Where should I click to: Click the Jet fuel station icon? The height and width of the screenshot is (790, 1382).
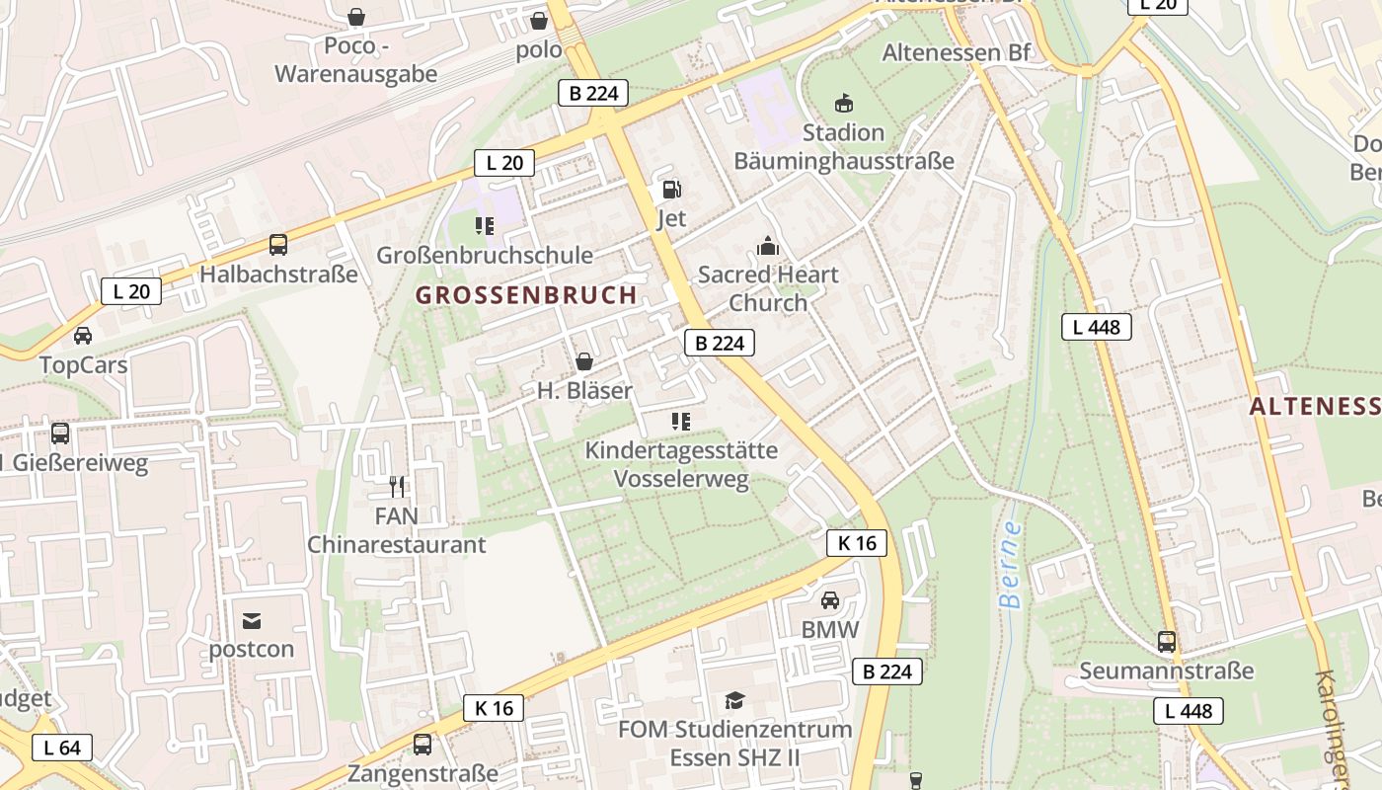671,190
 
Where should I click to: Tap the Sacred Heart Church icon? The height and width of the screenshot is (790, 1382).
767,246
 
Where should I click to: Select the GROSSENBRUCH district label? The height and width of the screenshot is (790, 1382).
526,295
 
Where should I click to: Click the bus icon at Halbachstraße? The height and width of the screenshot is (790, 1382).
278,245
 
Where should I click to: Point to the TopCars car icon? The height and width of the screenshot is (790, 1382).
83,336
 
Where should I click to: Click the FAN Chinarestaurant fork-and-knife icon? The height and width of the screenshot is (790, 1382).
397,486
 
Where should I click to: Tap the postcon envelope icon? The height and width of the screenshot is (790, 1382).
252,621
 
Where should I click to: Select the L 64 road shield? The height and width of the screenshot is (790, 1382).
61,748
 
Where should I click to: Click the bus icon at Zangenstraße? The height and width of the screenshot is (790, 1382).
422,745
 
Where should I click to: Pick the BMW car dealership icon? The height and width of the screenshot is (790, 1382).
830,600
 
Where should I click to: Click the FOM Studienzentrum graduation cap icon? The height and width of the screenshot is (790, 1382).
734,701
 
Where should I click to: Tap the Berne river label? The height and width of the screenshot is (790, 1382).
1010,565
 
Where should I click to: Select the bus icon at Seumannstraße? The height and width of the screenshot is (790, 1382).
1167,642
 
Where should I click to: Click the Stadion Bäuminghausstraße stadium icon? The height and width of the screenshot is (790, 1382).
844,103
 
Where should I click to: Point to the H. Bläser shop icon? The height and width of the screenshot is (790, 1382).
584,361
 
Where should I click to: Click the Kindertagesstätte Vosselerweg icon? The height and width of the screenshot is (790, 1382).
680,422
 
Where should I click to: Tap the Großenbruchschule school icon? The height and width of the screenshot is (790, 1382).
485,226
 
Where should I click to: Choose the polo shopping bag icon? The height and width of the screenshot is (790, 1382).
539,20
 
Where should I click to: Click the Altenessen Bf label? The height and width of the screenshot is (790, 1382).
956,52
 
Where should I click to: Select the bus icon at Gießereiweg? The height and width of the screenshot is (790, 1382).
60,433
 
